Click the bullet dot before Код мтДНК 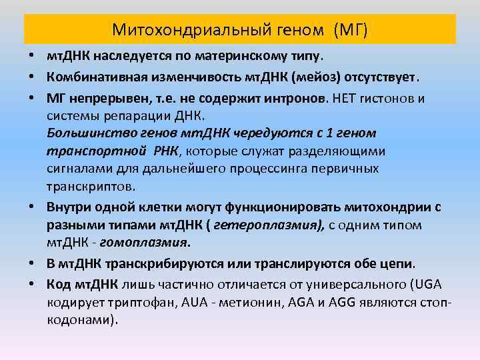(33, 283)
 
